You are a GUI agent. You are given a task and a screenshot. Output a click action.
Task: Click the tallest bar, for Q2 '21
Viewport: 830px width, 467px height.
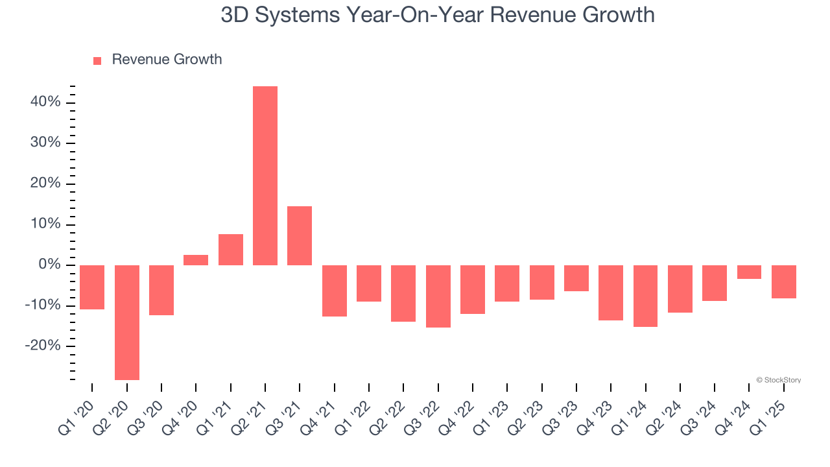coord(265,175)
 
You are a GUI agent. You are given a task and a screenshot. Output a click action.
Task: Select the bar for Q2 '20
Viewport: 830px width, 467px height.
coord(127,322)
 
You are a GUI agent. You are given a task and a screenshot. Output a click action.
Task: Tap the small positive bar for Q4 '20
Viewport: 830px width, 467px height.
coord(196,260)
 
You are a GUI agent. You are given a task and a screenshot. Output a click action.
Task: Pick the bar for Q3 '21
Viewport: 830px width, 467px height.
coord(300,235)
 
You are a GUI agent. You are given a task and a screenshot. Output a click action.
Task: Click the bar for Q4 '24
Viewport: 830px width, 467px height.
coord(749,272)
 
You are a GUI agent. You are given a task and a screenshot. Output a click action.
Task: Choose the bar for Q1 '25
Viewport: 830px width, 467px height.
coord(783,281)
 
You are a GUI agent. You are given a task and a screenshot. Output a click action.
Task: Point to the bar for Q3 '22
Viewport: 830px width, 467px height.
coord(438,296)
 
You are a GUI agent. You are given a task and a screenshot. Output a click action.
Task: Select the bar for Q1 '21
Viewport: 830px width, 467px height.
coord(231,250)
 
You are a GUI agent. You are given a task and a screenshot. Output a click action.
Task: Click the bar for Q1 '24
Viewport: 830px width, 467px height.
coord(645,296)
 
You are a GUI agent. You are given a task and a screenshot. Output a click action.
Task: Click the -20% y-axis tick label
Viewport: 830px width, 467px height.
coord(43,346)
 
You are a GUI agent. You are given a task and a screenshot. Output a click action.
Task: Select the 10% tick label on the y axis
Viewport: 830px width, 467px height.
coord(45,224)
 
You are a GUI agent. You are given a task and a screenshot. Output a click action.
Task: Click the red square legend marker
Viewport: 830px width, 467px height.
coord(97,61)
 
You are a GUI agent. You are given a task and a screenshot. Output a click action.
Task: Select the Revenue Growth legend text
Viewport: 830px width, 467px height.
coord(167,60)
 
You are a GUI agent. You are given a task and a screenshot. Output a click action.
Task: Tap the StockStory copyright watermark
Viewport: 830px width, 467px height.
coord(778,380)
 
